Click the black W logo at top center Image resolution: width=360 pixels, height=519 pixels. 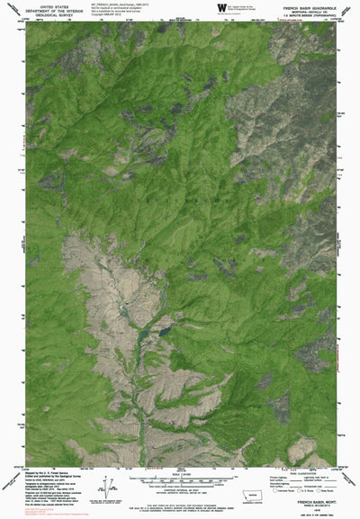point(221,7)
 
